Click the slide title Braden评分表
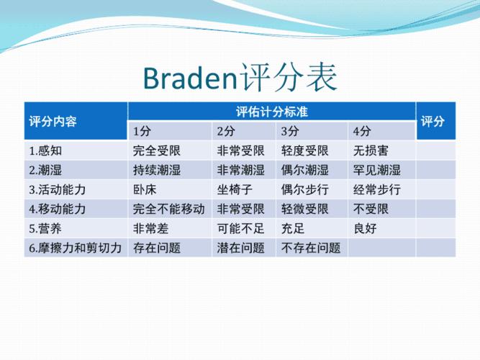click(240, 77)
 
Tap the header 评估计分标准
click(273, 112)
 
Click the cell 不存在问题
click(310, 248)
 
